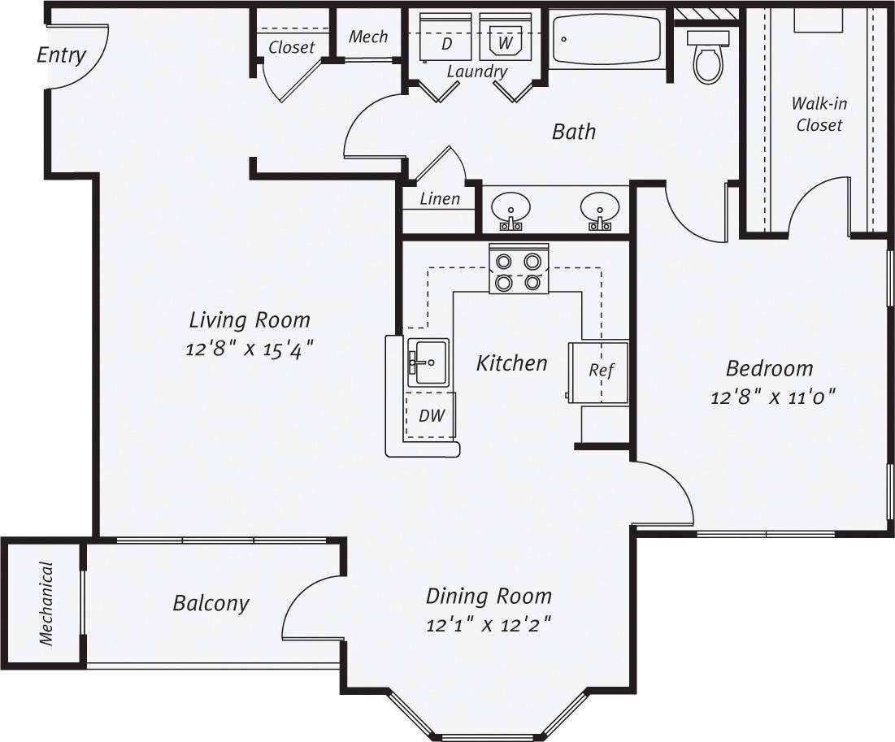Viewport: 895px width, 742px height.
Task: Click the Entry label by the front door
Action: (61, 55)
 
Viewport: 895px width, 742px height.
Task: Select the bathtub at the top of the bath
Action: (607, 38)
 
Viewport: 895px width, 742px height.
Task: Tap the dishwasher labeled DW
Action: (431, 415)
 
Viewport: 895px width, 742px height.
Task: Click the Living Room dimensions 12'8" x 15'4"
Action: (250, 349)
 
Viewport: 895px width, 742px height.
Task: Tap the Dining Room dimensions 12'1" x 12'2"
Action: (489, 626)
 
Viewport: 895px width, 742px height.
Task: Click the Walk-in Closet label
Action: (819, 115)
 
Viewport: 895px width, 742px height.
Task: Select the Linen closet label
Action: (440, 198)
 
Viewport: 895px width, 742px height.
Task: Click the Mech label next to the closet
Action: (368, 37)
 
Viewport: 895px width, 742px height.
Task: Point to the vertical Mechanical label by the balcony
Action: (46, 603)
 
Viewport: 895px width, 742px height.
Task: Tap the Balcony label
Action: (211, 603)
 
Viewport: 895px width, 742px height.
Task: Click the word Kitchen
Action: (511, 362)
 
